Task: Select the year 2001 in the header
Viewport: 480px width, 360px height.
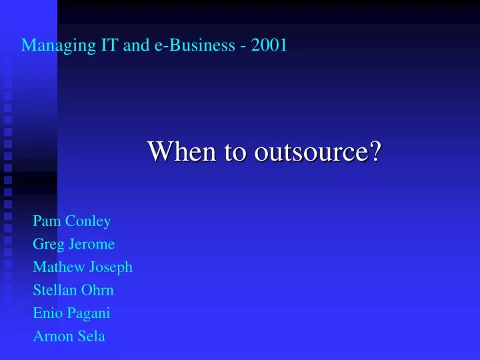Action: coord(269,46)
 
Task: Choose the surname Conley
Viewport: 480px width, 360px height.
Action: coord(88,221)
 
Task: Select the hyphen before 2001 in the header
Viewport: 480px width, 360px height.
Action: coord(244,46)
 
